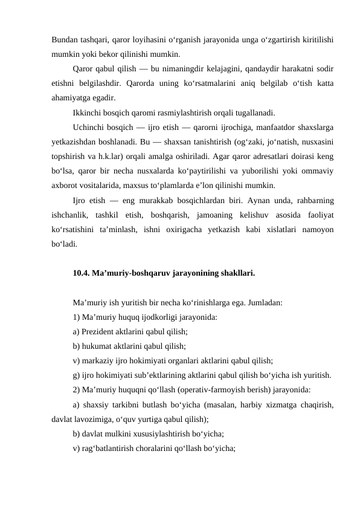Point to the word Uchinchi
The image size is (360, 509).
coord(89,128)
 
